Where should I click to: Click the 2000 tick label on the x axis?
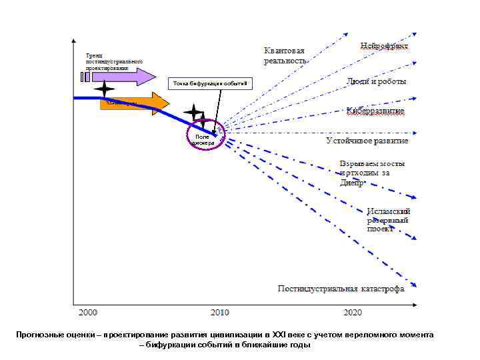click(x=88, y=312)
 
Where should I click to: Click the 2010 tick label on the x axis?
click(x=220, y=312)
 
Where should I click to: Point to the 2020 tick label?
click(x=353, y=312)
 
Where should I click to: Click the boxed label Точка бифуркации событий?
click(x=209, y=83)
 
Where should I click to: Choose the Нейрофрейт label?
click(x=385, y=45)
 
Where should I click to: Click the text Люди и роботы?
click(x=377, y=81)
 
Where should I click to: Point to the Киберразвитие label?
click(x=375, y=110)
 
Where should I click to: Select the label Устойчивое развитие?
click(x=367, y=141)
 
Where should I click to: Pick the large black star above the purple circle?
click(x=193, y=113)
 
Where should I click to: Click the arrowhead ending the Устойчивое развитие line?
click(x=414, y=133)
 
